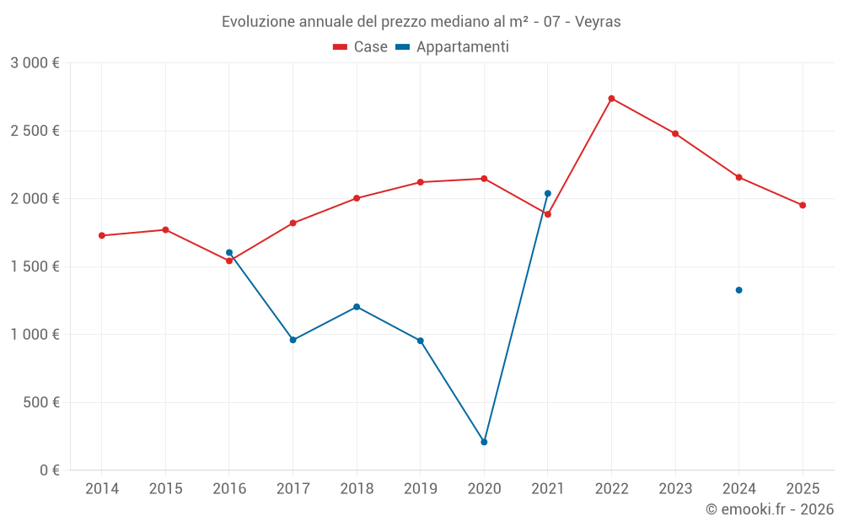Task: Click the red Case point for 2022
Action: [611, 99]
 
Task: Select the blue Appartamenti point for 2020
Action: [484, 442]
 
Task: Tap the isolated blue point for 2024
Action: [738, 290]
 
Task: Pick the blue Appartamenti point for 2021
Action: [548, 193]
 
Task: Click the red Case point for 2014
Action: [102, 235]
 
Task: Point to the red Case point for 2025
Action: [803, 205]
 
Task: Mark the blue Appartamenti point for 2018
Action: [357, 307]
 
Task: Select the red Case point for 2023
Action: [675, 133]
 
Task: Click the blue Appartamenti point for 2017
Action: [293, 340]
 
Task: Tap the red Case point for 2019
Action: [421, 182]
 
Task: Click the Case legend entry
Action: [361, 47]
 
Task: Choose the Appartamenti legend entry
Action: [453, 47]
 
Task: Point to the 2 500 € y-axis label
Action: [35, 131]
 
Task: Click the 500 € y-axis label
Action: [43, 402]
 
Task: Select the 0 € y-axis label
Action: [49, 470]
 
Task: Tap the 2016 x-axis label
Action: [228, 488]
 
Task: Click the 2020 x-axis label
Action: [484, 488]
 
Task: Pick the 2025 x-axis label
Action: [803, 488]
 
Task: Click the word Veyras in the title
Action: [599, 22]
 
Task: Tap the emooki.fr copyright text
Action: [770, 509]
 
